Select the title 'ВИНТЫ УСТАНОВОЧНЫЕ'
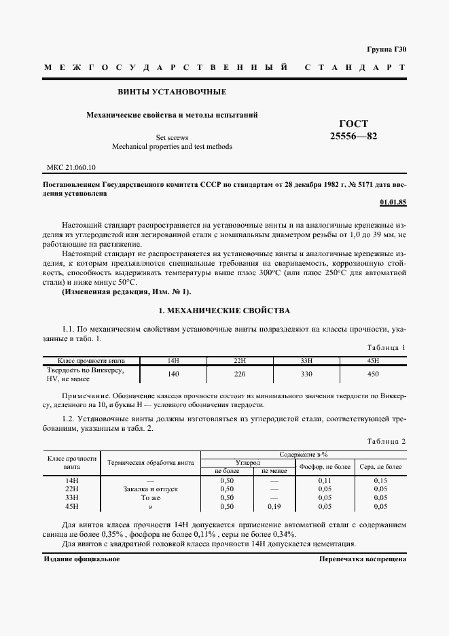point(173,92)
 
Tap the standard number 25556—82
point(353,136)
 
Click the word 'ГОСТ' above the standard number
point(353,124)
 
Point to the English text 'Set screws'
point(172,137)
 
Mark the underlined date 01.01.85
point(393,202)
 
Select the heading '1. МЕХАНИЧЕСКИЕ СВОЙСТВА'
point(224,311)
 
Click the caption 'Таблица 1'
point(385,347)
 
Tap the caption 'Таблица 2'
point(385,442)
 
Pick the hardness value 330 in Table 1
point(306,374)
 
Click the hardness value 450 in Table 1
point(373,374)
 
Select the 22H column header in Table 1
point(239,359)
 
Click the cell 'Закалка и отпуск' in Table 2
point(151,489)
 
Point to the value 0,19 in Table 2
point(274,506)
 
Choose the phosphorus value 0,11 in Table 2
point(324,480)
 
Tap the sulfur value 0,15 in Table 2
point(380,480)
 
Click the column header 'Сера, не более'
point(380,467)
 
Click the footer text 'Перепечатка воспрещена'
point(362,559)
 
